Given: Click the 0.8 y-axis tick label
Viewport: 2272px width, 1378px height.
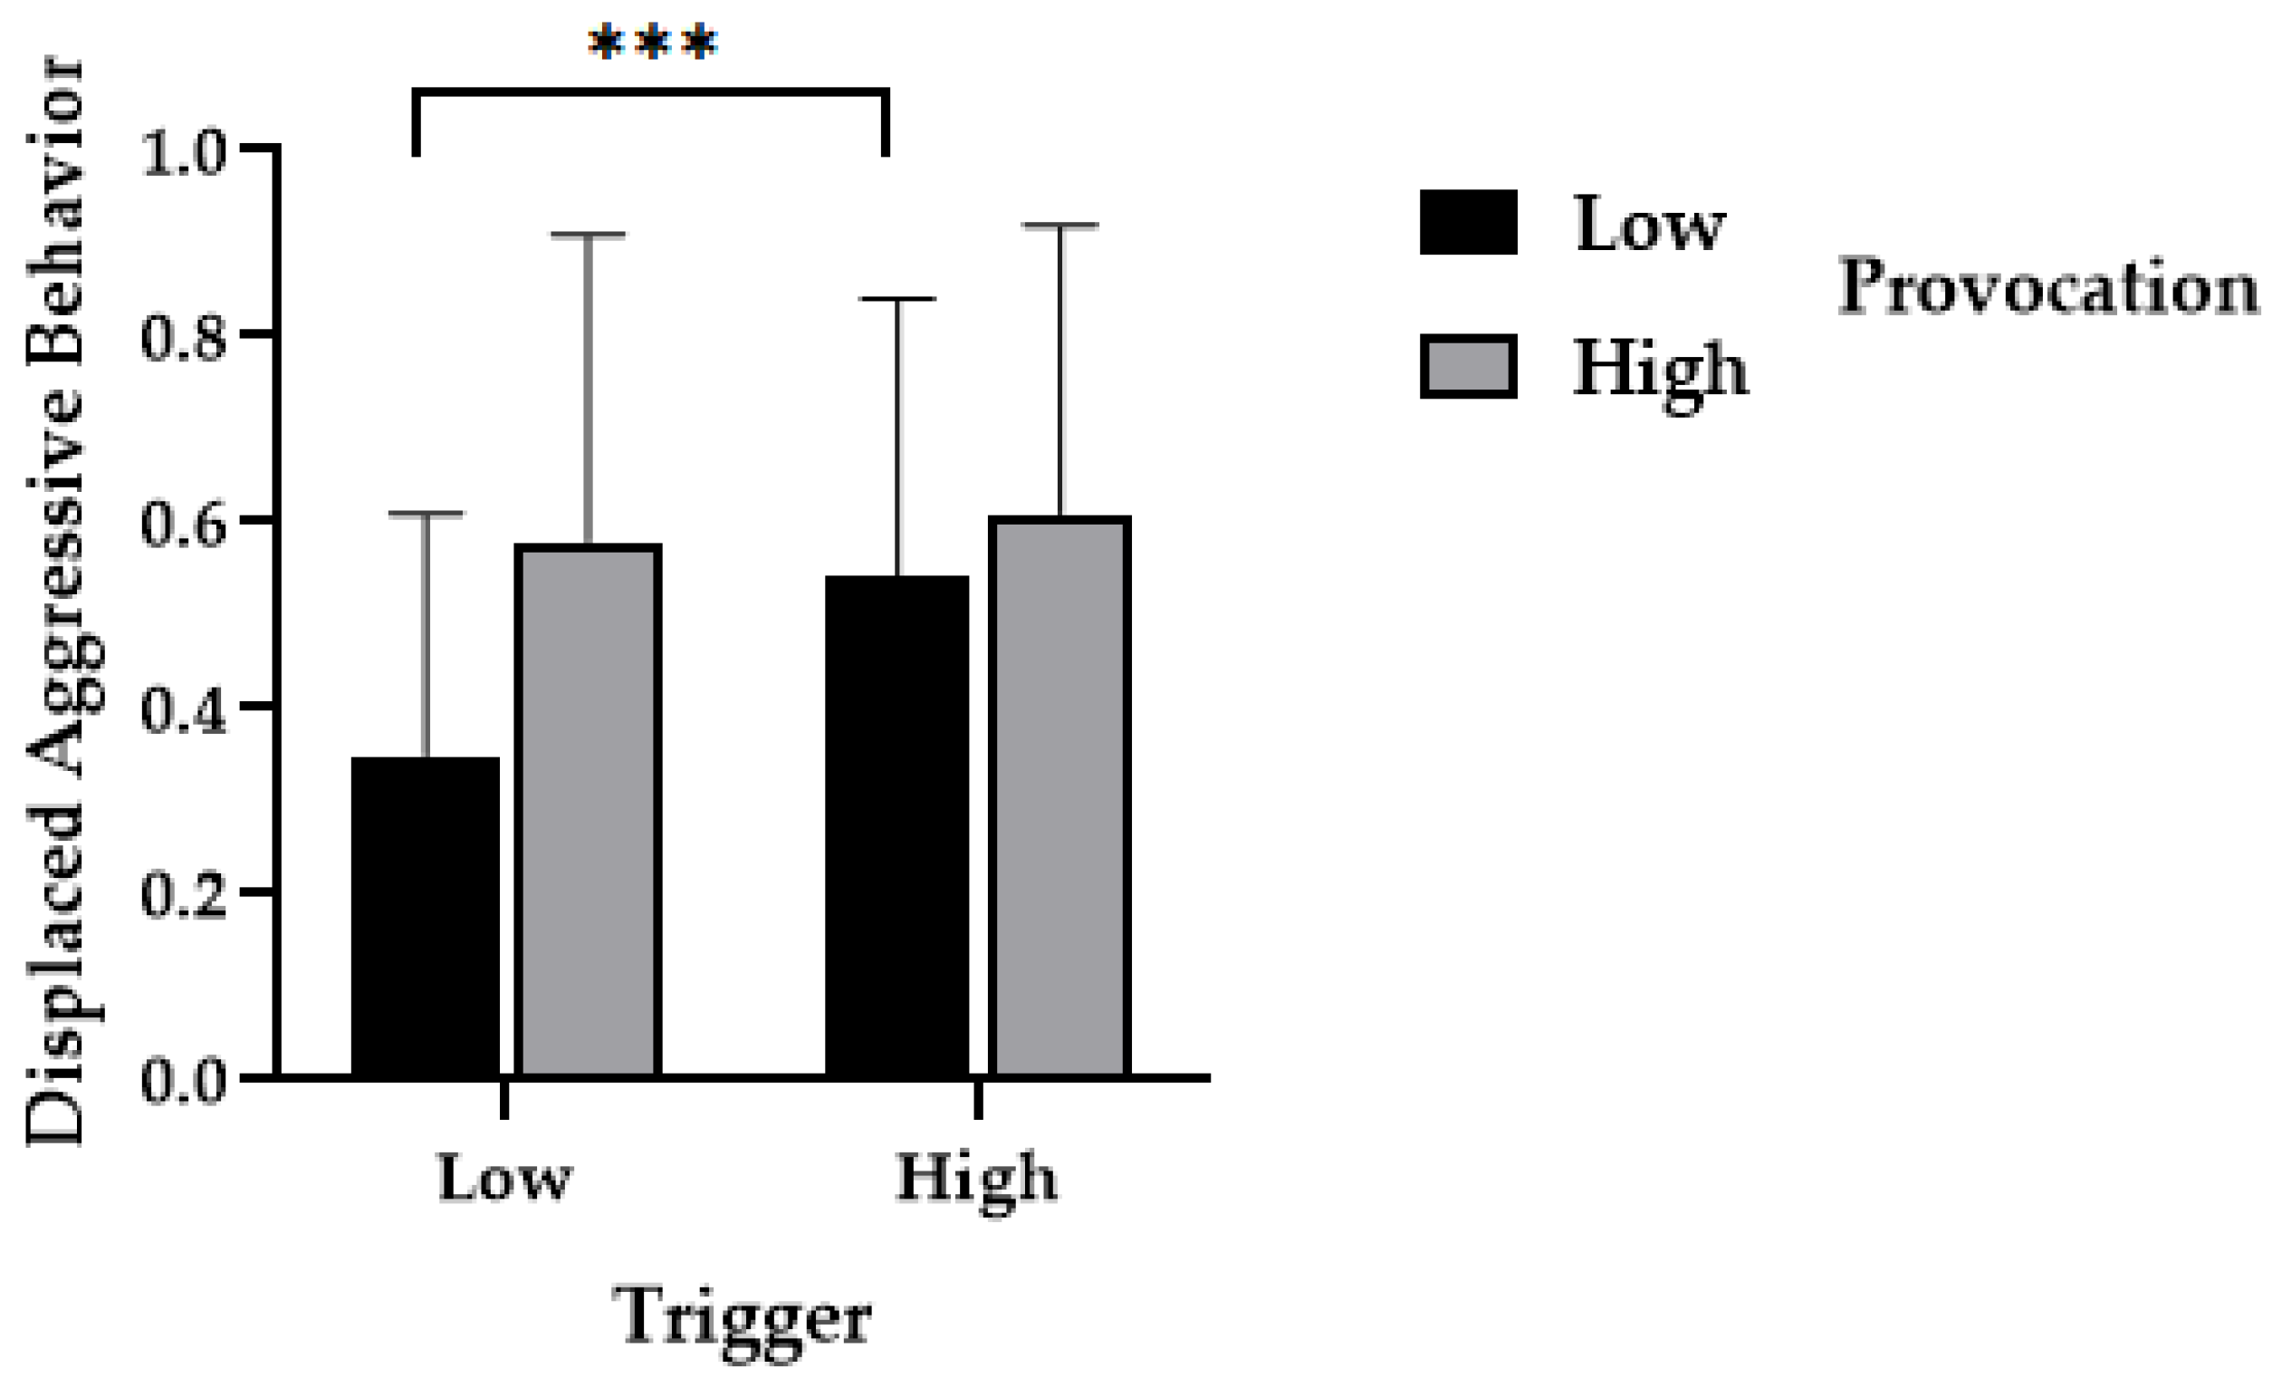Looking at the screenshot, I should [184, 339].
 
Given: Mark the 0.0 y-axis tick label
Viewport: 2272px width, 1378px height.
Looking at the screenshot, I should [184, 1081].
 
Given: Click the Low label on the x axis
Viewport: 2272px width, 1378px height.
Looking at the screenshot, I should [504, 1178].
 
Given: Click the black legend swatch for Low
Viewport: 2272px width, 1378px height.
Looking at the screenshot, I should [1468, 222].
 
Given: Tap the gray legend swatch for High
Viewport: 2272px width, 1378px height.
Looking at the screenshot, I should [1468, 367].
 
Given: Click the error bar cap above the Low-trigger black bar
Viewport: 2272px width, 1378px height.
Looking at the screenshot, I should [426, 514].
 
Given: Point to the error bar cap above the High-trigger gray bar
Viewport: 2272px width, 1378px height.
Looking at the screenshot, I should [1060, 225].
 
